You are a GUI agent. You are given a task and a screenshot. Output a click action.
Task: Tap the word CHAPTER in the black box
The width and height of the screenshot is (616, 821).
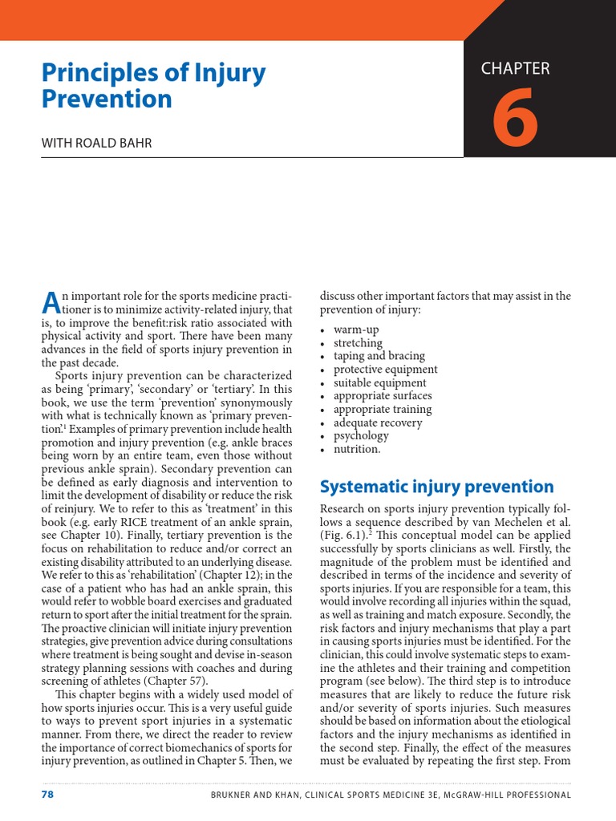point(515,69)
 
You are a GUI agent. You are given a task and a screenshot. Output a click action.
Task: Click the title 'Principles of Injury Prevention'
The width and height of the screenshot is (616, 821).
point(152,86)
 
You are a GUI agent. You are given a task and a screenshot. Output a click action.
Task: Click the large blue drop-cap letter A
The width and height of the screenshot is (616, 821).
point(50,303)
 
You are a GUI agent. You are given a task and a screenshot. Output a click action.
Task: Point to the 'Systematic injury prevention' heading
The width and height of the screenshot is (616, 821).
point(436,487)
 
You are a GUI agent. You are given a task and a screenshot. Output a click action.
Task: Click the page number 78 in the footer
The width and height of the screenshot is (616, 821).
point(47,795)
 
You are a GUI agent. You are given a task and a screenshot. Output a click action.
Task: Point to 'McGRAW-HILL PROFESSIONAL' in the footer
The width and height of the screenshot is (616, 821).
point(510,795)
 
